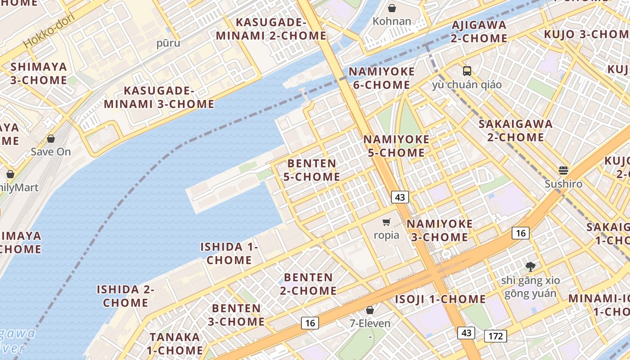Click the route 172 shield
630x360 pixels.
pos(496,336)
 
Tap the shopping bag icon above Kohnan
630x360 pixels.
pos(392,8)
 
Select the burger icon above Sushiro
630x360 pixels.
pos(563,171)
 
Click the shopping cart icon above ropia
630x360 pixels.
pos(386,222)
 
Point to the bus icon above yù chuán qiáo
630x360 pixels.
pos(467,71)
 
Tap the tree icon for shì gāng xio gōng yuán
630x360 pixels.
pos(531,266)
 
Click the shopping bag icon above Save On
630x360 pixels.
pos(51,139)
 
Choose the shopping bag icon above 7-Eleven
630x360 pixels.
pos(370,310)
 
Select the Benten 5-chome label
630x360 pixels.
pos(311,170)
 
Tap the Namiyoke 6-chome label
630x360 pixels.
pos(382,78)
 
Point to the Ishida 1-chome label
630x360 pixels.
pos(229,253)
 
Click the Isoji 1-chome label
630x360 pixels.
pos(440,299)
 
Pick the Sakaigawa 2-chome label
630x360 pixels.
pos(515,130)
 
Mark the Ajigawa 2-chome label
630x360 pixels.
pos(479,31)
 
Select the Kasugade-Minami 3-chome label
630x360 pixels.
pos(159,98)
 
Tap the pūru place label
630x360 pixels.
pos(168,43)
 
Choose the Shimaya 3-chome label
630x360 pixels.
pos(39,73)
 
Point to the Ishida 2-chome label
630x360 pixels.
pos(126,296)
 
